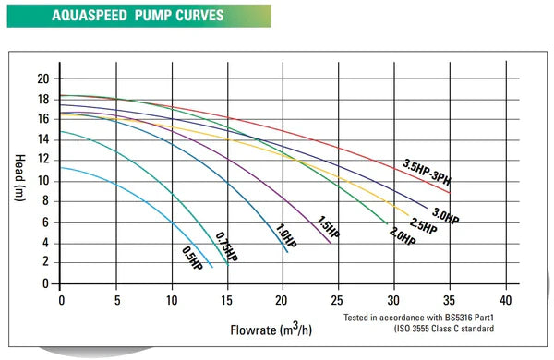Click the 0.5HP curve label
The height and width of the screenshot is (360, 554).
pyautogui.click(x=192, y=261)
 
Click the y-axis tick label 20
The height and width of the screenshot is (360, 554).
pyautogui.click(x=42, y=78)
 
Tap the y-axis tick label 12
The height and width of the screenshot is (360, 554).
pyautogui.click(x=42, y=160)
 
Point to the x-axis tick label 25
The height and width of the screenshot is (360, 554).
pyautogui.click(x=338, y=300)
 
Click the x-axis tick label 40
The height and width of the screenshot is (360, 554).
pyautogui.click(x=504, y=300)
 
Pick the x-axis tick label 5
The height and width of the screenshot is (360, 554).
pyautogui.click(x=116, y=300)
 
